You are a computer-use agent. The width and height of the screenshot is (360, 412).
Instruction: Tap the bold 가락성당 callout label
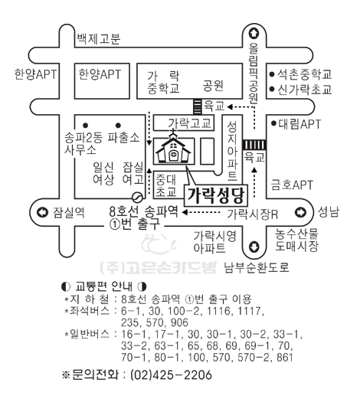(x=216, y=195)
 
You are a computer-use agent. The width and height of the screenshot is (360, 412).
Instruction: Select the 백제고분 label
(x=98, y=38)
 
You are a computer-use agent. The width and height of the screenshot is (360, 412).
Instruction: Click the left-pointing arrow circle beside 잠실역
(x=42, y=212)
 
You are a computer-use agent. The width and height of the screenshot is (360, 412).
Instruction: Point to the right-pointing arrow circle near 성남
(x=300, y=212)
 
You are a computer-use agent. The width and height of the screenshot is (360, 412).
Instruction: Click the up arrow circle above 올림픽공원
(x=254, y=33)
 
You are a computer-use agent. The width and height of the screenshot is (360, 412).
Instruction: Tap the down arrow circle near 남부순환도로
(x=254, y=247)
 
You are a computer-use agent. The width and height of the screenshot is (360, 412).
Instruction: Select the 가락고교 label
(x=189, y=123)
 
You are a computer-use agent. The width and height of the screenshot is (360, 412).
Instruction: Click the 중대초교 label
(x=166, y=185)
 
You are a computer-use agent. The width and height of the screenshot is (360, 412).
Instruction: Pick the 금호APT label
(x=292, y=185)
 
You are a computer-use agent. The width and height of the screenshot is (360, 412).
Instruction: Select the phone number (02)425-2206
(x=171, y=374)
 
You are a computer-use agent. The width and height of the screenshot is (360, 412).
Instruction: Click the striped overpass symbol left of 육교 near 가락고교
(x=198, y=106)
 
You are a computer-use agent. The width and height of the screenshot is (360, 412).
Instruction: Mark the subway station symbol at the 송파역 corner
(x=137, y=197)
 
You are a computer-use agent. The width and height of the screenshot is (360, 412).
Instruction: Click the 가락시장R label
(x=253, y=214)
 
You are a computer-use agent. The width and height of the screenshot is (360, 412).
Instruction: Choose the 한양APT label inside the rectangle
(x=100, y=74)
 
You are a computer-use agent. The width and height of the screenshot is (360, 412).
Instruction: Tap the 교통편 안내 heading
(x=104, y=286)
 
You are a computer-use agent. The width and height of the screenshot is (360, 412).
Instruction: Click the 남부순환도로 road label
(x=256, y=267)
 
